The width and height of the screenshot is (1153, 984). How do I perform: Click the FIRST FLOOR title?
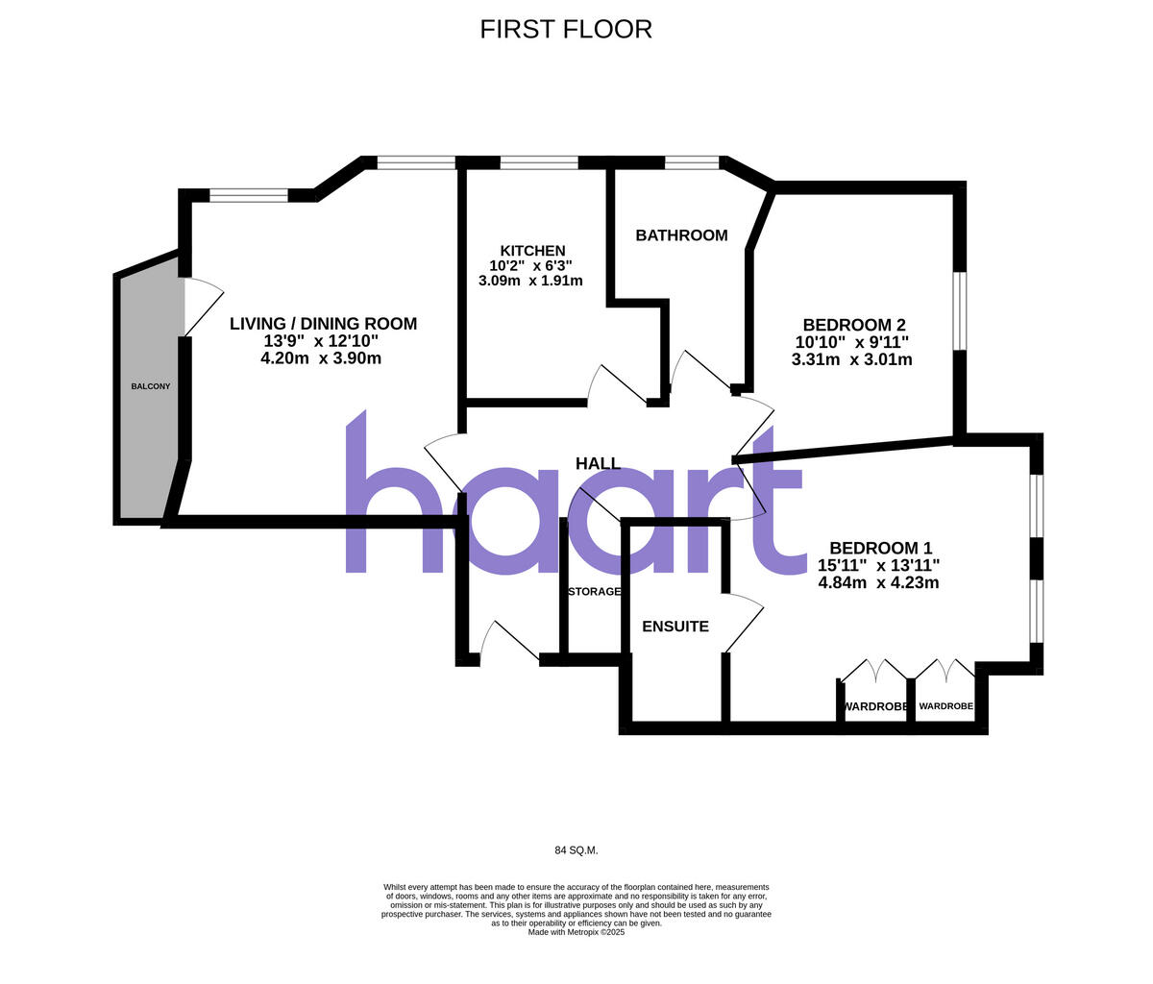click(x=566, y=29)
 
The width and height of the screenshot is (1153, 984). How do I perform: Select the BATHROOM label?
click(x=681, y=235)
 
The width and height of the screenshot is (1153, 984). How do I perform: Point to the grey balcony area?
click(x=150, y=404)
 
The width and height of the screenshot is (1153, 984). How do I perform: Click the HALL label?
click(x=598, y=464)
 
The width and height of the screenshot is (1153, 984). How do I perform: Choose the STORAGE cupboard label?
click(x=594, y=592)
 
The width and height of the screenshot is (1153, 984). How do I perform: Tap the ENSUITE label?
click(x=675, y=627)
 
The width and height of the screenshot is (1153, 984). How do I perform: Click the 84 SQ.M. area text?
click(x=576, y=850)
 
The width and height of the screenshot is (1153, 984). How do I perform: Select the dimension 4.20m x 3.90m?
click(x=321, y=358)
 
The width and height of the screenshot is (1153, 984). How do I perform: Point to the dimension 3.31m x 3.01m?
click(x=851, y=360)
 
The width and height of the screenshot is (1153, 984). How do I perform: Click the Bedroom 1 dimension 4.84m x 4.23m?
click(x=878, y=582)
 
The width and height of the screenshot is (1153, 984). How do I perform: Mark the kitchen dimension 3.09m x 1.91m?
click(x=530, y=282)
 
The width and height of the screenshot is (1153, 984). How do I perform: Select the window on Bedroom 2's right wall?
click(x=960, y=311)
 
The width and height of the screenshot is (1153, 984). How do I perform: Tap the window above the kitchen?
click(x=539, y=163)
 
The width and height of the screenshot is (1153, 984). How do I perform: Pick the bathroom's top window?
click(x=692, y=163)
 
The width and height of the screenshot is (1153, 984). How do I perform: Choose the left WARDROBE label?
click(x=874, y=707)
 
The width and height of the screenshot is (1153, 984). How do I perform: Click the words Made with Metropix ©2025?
click(x=576, y=932)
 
